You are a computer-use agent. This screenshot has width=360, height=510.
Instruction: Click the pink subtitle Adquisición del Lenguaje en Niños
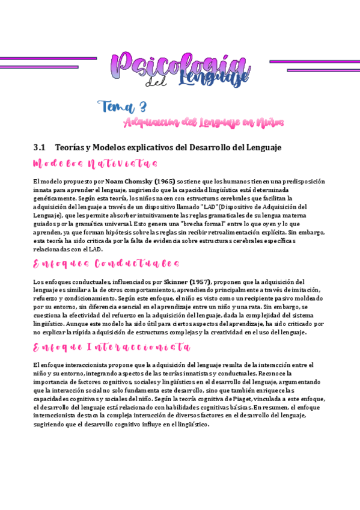point(203,123)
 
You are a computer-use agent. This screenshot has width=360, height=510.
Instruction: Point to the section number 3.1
point(40,147)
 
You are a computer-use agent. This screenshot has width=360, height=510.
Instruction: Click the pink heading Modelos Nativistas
point(96,164)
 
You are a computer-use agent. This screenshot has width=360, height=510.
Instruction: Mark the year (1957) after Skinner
point(201,281)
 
